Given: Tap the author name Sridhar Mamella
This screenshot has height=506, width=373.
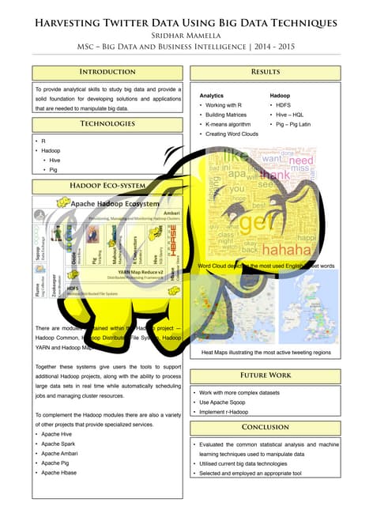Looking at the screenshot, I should click(x=187, y=35).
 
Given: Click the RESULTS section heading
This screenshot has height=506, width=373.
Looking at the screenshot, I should click(x=265, y=72).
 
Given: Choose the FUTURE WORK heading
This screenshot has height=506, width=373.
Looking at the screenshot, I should click(x=265, y=375).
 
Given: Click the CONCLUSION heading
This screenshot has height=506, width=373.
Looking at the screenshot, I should click(x=265, y=427).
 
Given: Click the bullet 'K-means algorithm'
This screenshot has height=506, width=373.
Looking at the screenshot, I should click(x=228, y=124).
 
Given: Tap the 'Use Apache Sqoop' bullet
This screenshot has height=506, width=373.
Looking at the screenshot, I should click(x=230, y=402).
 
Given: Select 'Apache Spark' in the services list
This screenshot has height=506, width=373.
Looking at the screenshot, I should click(x=64, y=444).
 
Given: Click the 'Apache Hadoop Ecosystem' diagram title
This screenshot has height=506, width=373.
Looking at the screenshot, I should click(x=111, y=203).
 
